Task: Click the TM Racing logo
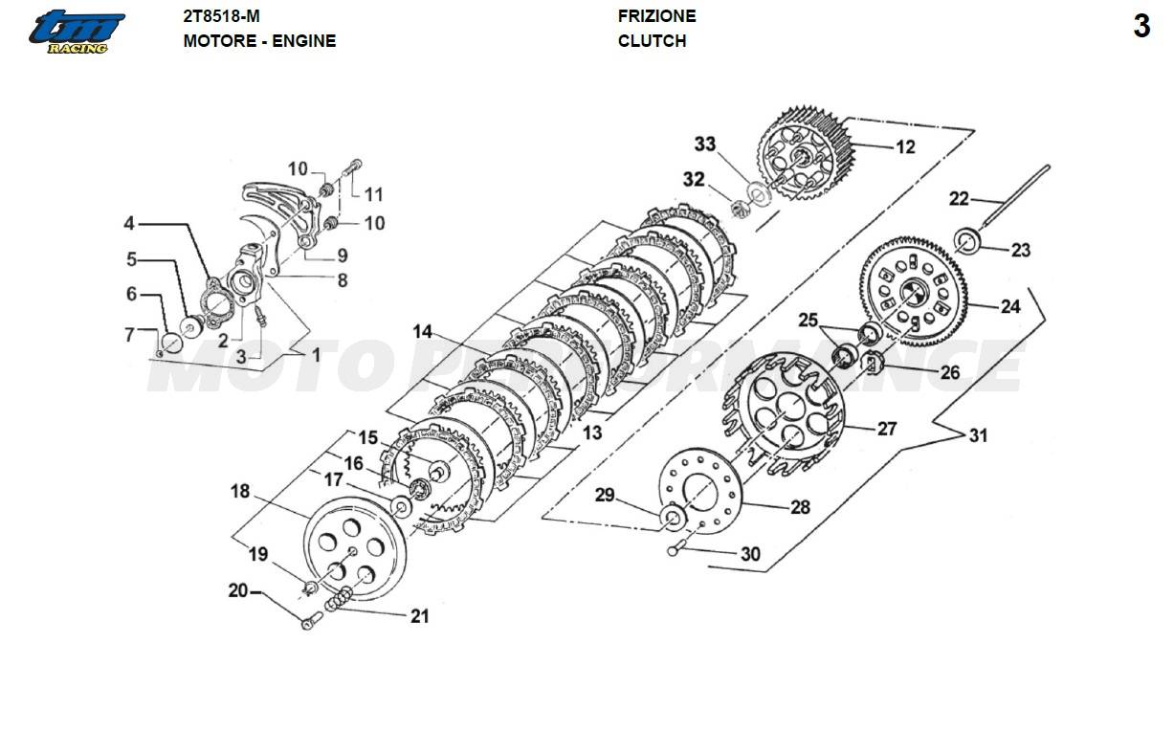(76, 32)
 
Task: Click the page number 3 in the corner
(1141, 27)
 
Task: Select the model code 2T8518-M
(221, 16)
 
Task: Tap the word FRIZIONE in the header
(656, 16)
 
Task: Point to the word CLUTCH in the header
(652, 41)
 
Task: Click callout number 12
(904, 146)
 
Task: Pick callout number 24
(1010, 307)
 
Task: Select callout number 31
(977, 435)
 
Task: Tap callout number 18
(239, 492)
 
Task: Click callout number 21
(419, 616)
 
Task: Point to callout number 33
(705, 144)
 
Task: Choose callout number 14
(423, 332)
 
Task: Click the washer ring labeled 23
(968, 239)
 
